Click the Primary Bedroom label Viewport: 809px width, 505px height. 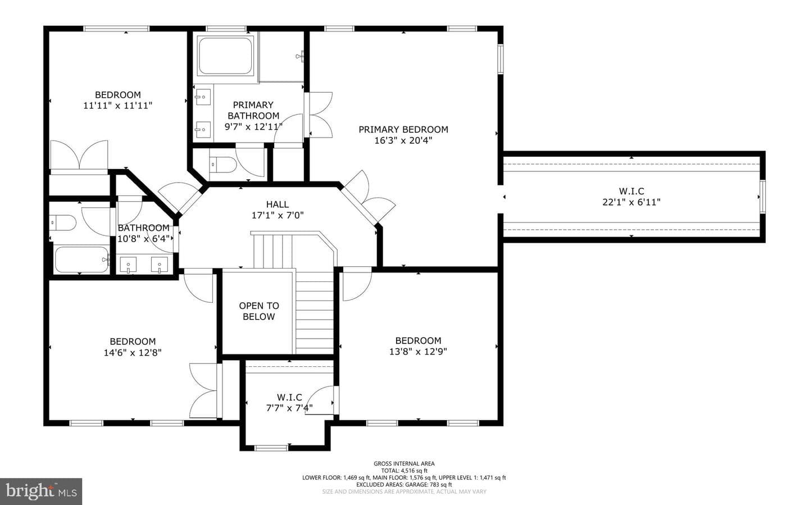coord(403,129)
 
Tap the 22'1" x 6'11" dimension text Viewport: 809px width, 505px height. coord(631,202)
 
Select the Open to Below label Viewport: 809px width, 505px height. coord(259,311)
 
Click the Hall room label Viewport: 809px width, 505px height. coord(278,204)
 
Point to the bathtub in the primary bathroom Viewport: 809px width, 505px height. coord(225,56)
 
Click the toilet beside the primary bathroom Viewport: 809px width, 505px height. coord(222,165)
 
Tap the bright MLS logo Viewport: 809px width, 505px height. coord(41,492)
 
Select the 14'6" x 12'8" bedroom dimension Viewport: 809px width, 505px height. coord(133,353)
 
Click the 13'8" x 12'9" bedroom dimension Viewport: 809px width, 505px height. coord(418,352)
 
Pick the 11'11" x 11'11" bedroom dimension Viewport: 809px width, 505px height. coord(118,106)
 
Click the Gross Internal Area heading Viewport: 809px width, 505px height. coord(404,463)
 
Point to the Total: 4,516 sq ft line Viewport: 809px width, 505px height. coord(404,471)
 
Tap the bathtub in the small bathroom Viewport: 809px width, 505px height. coord(81,260)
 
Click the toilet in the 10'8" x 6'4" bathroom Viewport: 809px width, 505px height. coord(63,222)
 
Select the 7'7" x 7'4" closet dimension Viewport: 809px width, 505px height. coord(289,408)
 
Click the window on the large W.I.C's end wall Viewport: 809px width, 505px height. coord(762,197)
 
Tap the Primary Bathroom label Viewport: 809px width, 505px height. coord(253,110)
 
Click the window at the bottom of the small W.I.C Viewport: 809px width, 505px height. coord(271,448)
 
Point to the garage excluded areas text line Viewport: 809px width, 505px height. coord(404,485)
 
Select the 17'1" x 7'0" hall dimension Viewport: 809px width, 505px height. coord(278,216)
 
